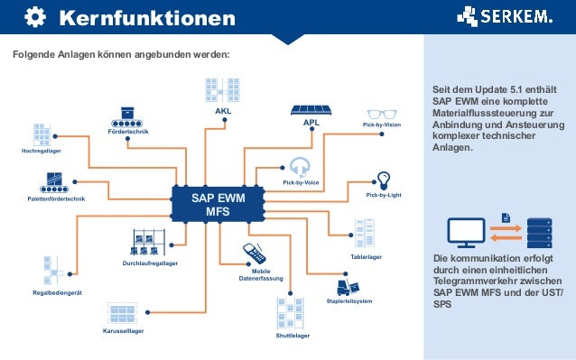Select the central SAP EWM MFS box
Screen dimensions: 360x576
(x=217, y=204)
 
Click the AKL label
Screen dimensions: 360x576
(x=222, y=112)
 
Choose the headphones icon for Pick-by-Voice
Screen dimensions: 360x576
(x=301, y=166)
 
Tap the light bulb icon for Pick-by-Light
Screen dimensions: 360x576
(x=384, y=179)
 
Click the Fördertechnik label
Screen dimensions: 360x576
(x=127, y=132)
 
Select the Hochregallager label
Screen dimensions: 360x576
(x=41, y=151)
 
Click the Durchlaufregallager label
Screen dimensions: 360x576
(x=150, y=263)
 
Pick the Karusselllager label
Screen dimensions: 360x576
(x=123, y=330)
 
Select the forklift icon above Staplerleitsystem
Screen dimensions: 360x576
(x=344, y=288)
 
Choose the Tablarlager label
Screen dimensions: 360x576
(x=366, y=257)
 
